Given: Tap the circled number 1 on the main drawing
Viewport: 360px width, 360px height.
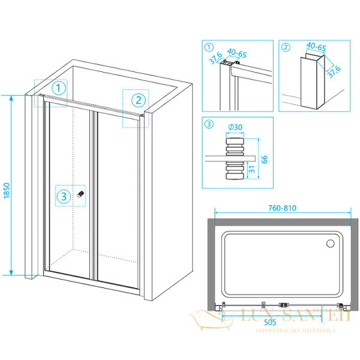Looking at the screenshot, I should [58, 88].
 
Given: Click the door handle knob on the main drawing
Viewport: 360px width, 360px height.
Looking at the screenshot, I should [81, 196].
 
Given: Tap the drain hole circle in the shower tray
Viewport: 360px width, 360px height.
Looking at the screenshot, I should [329, 244].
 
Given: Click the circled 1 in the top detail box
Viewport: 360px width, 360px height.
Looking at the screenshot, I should [209, 47].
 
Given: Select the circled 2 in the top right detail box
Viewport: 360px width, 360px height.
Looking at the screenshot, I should [286, 47].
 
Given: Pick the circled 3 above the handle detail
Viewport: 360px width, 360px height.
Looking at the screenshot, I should [209, 125].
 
